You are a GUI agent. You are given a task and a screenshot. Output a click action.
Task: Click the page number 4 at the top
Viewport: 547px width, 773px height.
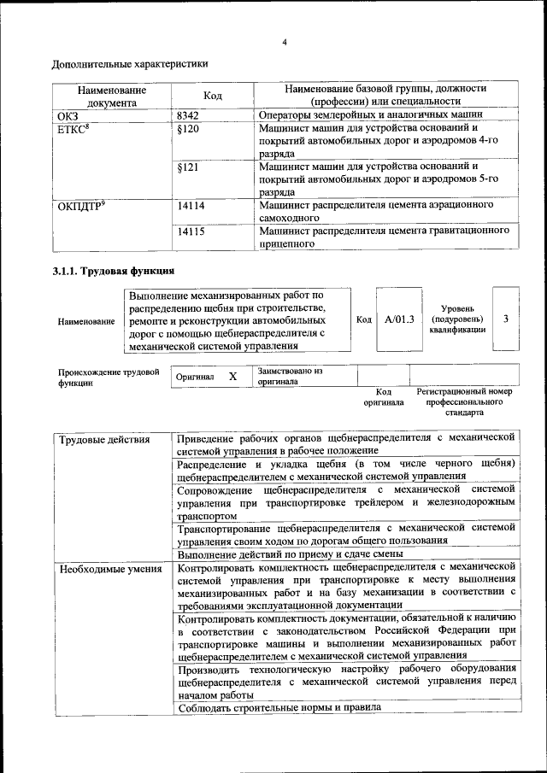pos(285,43)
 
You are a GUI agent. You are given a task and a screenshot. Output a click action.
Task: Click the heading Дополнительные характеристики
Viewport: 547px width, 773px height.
pos(130,64)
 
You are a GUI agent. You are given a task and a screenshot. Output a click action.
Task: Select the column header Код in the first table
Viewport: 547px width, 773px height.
pos(213,96)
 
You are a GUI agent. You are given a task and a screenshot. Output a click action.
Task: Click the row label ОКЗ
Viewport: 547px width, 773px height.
pos(68,114)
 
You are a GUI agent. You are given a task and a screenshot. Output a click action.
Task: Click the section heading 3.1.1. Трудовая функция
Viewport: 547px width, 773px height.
pos(113,272)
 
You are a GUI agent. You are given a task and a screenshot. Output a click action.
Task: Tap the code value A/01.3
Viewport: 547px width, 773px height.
pos(399,319)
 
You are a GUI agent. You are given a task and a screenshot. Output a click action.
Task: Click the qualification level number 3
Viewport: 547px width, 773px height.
pos(506,319)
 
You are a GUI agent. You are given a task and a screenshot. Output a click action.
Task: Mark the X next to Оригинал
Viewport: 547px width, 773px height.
pos(232,376)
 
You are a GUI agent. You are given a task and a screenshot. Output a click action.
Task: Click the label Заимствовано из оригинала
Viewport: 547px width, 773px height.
pos(290,377)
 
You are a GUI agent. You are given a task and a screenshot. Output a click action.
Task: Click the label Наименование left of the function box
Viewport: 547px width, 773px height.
pos(86,322)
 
